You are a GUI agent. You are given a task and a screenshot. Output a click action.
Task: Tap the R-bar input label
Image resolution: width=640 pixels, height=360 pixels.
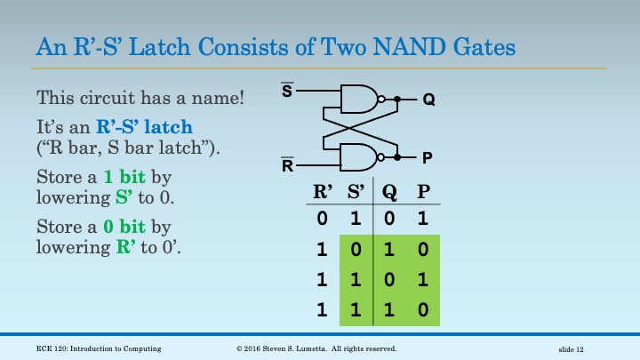[288, 165]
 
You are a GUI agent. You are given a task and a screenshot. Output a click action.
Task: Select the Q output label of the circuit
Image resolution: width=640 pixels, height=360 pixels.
[428, 100]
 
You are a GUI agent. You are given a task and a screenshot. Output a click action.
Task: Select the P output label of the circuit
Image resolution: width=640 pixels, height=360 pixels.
[428, 158]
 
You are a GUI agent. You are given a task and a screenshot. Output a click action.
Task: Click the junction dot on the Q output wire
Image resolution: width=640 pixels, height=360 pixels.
[398, 100]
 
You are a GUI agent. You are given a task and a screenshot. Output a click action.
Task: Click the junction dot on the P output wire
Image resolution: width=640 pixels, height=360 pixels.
[398, 157]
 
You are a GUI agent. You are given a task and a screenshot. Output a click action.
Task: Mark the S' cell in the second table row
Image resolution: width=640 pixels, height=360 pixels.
[356, 250]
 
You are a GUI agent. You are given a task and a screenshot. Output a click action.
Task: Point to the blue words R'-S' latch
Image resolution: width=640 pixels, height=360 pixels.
[145, 128]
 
